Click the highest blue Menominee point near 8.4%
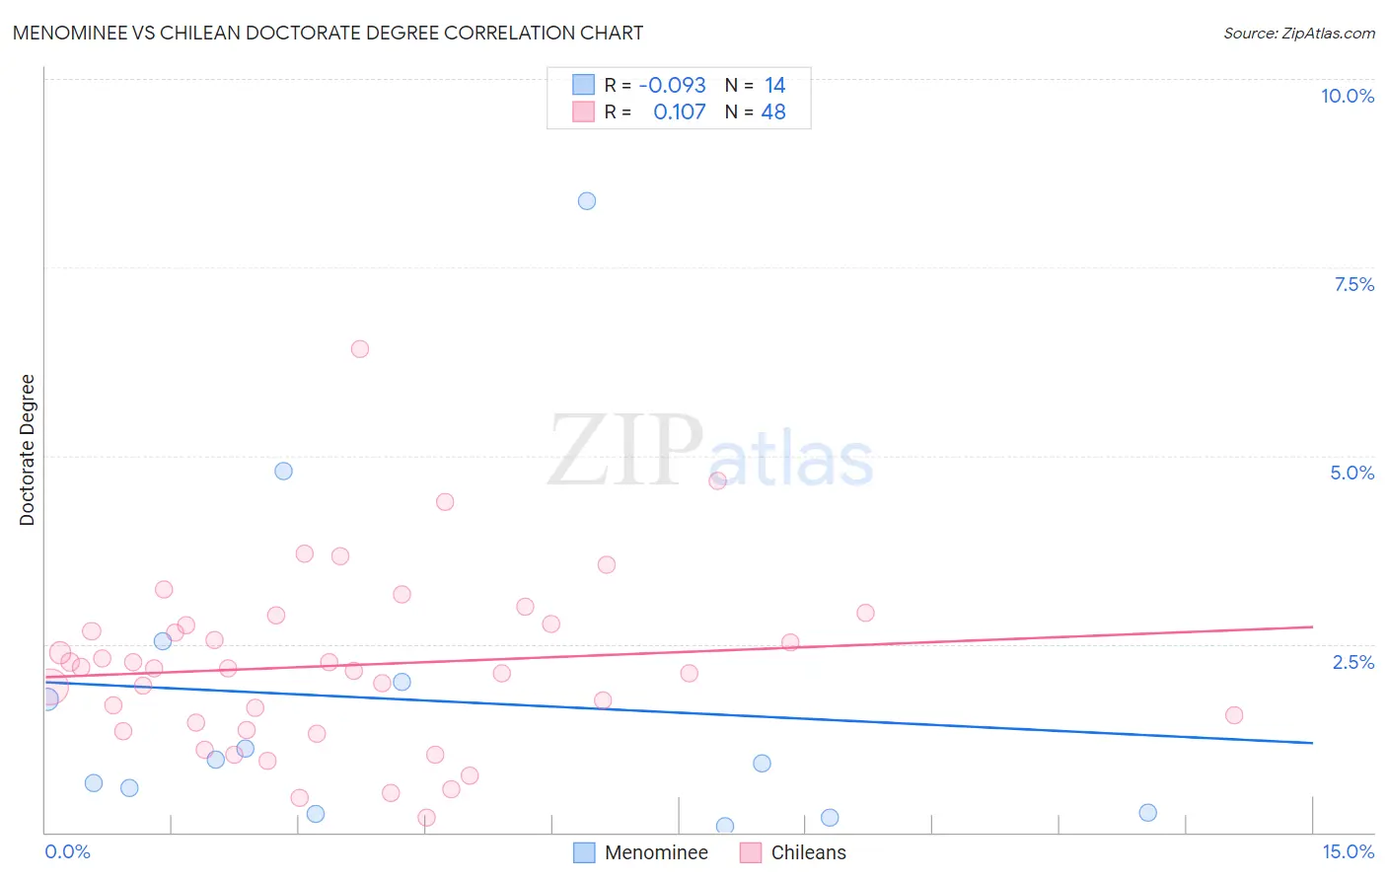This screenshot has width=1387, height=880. click(587, 201)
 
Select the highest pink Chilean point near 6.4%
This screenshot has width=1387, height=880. click(360, 349)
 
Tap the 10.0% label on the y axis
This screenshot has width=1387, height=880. click(1347, 96)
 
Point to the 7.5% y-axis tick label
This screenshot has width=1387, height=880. click(1353, 284)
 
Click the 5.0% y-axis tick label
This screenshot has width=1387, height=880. click(1351, 473)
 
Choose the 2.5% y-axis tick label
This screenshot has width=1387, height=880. click(1352, 662)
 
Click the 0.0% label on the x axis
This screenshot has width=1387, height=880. click(67, 851)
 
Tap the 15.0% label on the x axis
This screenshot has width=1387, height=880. click(1348, 851)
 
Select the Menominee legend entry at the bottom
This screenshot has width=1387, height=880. click(641, 852)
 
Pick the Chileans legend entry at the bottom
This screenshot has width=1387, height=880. click(794, 852)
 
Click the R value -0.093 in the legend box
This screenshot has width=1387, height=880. click(672, 86)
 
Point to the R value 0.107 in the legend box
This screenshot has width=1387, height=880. click(679, 112)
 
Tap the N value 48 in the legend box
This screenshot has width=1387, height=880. click(773, 112)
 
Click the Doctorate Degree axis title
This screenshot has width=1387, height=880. click(28, 450)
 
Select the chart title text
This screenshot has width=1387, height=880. click(328, 33)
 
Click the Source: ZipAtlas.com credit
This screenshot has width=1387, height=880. click(1298, 34)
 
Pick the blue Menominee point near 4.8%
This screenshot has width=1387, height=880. click(283, 472)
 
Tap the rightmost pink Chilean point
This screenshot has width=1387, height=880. click(1234, 715)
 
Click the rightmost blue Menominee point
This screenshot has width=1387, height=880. click(1147, 813)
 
